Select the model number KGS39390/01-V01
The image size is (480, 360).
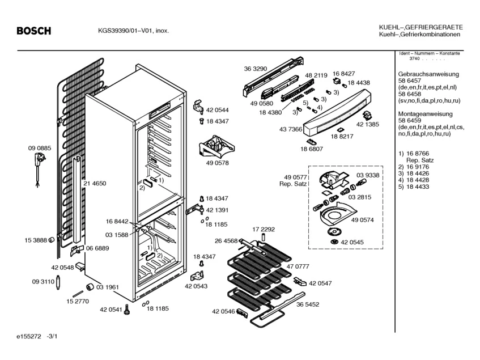122,31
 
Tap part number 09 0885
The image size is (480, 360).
40,148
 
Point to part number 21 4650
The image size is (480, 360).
95,183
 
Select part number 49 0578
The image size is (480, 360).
218,163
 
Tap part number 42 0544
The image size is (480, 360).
218,110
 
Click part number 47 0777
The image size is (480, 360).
298,266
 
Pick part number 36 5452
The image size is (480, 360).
307,304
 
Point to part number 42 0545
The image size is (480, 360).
352,242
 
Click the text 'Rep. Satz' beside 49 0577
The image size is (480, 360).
293,184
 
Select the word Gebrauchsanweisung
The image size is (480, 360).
428,74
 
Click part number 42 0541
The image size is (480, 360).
111,310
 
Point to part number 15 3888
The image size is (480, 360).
36,240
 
